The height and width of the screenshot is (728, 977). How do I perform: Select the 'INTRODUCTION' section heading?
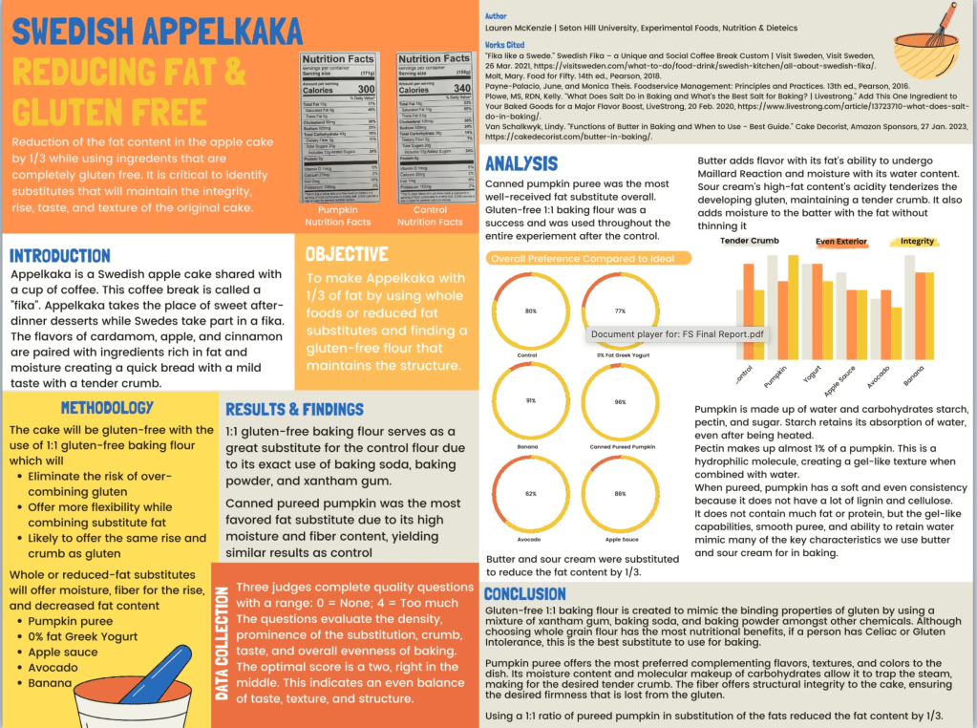[59, 256]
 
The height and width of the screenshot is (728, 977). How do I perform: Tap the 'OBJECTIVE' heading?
[347, 254]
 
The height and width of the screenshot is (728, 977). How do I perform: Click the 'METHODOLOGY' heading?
[107, 408]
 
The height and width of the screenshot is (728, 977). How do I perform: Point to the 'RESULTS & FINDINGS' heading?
[294, 409]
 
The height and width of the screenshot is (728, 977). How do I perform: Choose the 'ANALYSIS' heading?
[521, 163]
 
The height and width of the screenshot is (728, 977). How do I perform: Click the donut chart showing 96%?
[620, 402]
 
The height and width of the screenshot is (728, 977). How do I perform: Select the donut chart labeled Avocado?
[530, 494]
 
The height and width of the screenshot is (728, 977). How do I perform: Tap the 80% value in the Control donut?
[530, 311]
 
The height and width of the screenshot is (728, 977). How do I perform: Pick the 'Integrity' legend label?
[917, 242]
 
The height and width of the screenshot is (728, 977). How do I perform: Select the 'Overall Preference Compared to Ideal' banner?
[588, 258]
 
